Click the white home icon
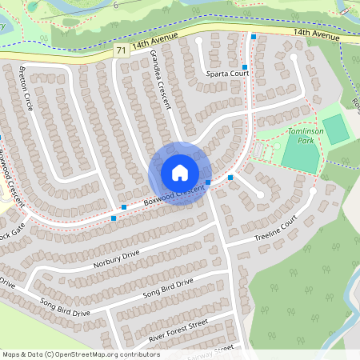pos(180,172)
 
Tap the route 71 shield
pos(121,50)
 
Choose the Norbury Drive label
pos(116,258)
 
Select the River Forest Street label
pos(178,330)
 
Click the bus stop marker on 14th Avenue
pos(254,37)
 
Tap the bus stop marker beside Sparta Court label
pos(245,67)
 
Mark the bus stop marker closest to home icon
pos(208,183)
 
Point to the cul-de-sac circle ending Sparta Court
pos(199,40)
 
